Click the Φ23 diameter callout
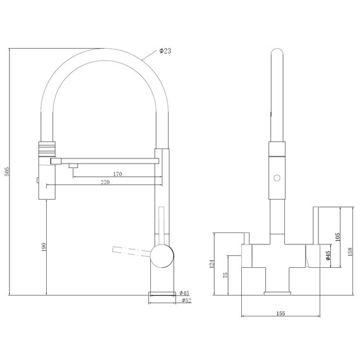(x=165, y=51)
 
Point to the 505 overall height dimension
(x=7, y=172)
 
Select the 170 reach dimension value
(x=117, y=174)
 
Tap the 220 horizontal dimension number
(x=105, y=183)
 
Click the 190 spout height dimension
(x=44, y=247)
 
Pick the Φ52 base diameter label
(x=186, y=300)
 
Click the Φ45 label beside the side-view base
(x=184, y=293)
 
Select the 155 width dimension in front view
(x=280, y=313)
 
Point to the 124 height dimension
(x=212, y=264)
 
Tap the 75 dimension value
(x=225, y=275)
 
